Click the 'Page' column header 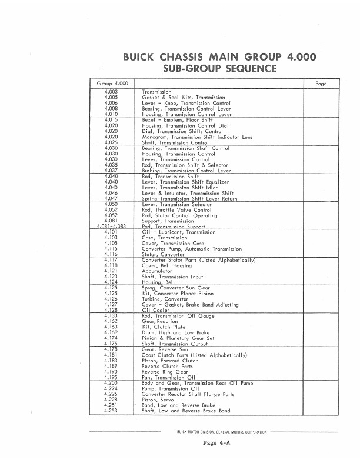[321, 84]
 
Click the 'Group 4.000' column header [111, 84]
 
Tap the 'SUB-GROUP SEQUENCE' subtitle [219, 69]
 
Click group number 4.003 [111, 92]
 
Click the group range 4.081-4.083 [109, 227]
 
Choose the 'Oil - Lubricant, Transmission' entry [179, 232]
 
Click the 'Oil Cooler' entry [156, 310]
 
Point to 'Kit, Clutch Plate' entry [164, 327]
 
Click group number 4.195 [111, 377]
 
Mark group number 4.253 [111, 411]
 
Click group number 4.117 [111, 260]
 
